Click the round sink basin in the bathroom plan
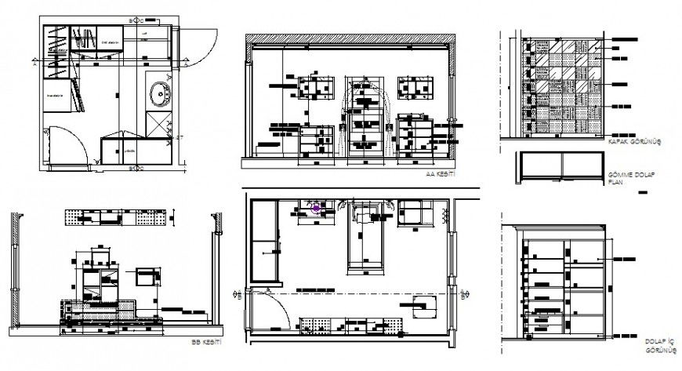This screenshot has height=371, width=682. click(x=161, y=92)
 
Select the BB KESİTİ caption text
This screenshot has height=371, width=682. click(x=206, y=343)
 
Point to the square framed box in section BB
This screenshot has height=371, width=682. click(x=147, y=278)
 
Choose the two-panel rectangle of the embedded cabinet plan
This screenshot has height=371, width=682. click(x=561, y=166)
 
